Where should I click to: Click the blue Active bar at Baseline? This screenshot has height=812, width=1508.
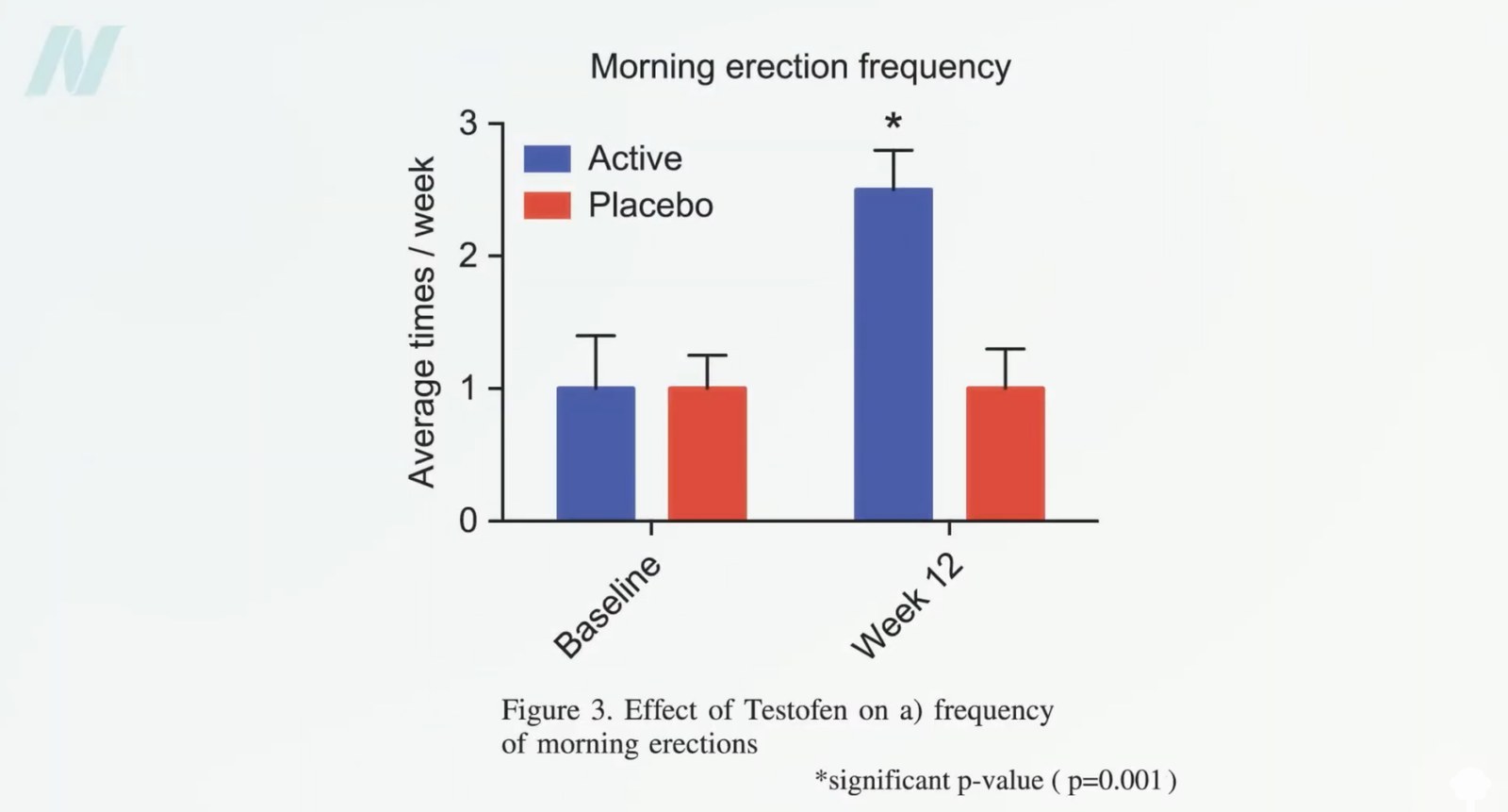coord(595,454)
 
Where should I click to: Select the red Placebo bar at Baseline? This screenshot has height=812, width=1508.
coord(707,454)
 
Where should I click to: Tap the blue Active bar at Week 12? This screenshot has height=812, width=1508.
coord(893,355)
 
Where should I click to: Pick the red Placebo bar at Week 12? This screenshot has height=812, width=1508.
coord(1005,454)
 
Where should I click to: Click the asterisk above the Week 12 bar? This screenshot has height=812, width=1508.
coord(893,122)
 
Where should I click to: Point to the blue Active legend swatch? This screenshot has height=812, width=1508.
coord(547,159)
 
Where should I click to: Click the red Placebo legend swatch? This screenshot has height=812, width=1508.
coord(547,206)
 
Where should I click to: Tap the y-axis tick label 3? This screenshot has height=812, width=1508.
coord(467,124)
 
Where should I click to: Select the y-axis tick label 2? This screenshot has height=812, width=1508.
coord(467,257)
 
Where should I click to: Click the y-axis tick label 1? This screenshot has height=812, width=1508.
coord(469,389)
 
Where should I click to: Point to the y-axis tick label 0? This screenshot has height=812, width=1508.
coord(467,521)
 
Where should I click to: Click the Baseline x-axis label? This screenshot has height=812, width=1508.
coord(607,606)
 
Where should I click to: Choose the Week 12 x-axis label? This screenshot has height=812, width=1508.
coord(907,606)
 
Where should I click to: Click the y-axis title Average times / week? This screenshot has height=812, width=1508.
coord(422,323)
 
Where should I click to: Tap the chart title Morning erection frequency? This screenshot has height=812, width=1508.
coord(800,67)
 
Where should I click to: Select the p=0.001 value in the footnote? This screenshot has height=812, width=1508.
coord(1115,781)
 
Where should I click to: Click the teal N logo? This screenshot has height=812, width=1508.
coord(74,60)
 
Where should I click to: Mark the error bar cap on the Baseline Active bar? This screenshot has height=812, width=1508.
coord(595,336)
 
